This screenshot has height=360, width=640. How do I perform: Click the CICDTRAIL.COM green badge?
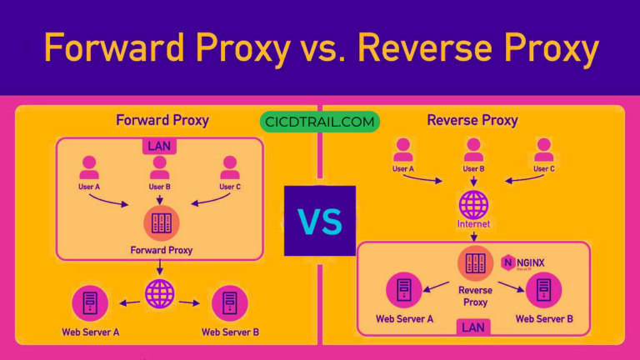319,122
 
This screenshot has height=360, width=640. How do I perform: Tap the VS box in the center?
320,221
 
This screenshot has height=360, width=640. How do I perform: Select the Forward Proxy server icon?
160,222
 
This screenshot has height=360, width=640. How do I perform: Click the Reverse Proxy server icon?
474,264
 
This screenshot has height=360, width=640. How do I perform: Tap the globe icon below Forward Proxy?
160,293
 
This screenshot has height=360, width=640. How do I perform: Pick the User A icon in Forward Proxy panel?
89,167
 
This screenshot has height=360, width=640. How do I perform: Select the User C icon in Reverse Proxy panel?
544,149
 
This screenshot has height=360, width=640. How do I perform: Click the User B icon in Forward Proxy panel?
160,167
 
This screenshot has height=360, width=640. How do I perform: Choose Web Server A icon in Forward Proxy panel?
89,303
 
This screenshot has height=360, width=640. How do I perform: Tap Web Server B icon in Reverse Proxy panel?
544,290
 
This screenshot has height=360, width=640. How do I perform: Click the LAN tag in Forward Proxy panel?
160,146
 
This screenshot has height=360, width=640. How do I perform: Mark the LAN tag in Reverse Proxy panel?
473,327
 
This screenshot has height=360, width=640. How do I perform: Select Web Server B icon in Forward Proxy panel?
230,303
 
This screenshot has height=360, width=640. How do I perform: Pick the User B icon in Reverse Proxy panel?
473,149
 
